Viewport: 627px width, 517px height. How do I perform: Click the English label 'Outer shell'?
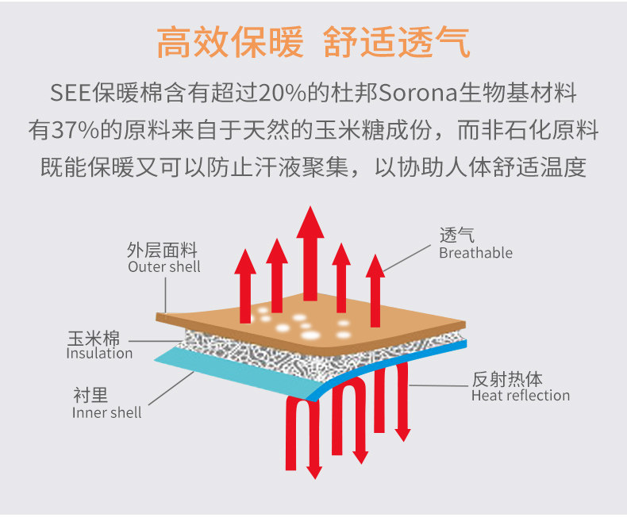tap(164, 267)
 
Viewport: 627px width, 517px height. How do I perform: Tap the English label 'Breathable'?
tap(475, 253)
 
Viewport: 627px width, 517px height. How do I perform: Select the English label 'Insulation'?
tap(99, 354)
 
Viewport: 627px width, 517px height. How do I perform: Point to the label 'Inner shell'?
tap(107, 412)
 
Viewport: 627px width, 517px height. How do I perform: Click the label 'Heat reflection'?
tap(520, 396)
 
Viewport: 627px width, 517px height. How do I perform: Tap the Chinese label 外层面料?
tap(161, 251)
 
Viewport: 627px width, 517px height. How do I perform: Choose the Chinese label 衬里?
tap(90, 396)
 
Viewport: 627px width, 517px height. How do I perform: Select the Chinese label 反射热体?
tap(506, 378)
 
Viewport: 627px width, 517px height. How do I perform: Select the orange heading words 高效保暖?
tap(229, 43)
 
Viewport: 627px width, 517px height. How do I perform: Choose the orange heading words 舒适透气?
tap(397, 43)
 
